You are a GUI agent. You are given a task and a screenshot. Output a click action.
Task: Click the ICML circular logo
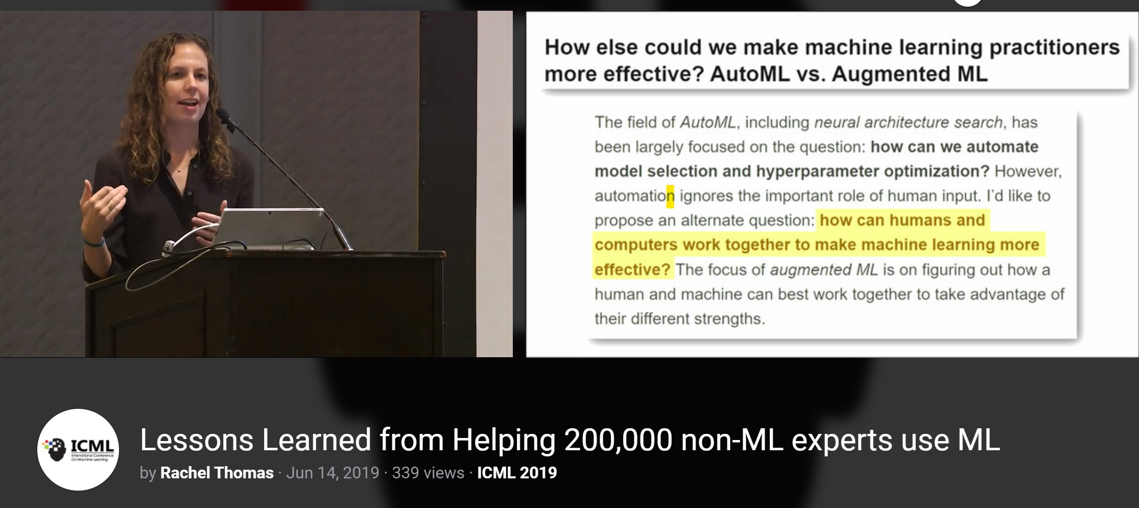[x=78, y=449]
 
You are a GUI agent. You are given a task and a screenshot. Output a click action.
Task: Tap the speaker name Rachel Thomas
[x=217, y=473]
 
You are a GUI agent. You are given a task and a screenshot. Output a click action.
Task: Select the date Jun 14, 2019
[x=333, y=473]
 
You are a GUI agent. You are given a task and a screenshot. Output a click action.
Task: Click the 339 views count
[x=428, y=473]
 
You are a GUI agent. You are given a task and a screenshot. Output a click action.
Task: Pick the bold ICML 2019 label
[x=517, y=473]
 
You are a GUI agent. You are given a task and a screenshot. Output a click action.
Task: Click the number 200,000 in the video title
[x=618, y=440]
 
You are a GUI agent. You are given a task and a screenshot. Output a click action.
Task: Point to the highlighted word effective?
[x=632, y=269]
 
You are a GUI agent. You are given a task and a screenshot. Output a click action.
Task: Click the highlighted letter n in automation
[x=670, y=196]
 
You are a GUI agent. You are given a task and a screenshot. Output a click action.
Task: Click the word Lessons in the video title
[x=197, y=440]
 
